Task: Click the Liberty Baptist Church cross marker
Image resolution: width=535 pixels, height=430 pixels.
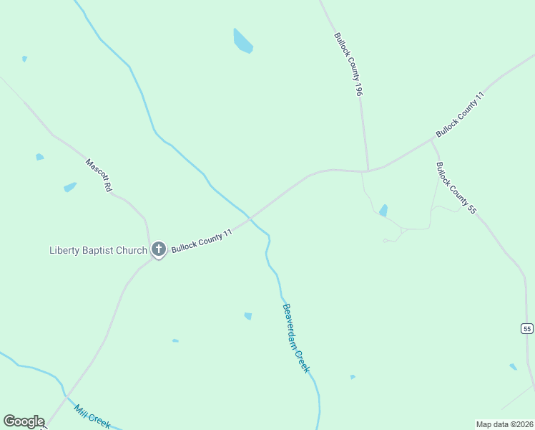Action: (x=158, y=249)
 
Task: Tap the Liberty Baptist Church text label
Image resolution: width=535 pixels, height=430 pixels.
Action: (x=98, y=250)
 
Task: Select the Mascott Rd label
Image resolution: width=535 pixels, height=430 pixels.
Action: (x=99, y=175)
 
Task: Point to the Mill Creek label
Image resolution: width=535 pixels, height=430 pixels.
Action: (x=92, y=416)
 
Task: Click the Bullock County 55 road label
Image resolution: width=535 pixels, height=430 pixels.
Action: (x=456, y=188)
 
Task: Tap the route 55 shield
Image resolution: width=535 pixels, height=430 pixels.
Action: (x=527, y=328)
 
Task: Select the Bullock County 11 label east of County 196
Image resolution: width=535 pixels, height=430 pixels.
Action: (x=461, y=115)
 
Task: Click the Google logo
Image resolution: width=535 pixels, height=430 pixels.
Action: (x=24, y=421)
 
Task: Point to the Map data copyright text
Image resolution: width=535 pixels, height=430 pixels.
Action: (x=504, y=424)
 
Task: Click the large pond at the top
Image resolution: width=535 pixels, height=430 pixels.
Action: (x=242, y=41)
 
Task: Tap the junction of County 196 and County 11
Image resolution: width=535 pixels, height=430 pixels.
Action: (x=368, y=171)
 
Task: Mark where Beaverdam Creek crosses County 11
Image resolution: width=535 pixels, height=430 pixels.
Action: (x=250, y=217)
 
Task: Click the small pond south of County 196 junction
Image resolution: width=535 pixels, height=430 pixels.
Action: (x=383, y=211)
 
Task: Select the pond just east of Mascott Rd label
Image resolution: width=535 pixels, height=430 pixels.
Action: (x=69, y=187)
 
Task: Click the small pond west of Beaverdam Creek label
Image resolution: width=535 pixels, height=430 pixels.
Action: (x=248, y=316)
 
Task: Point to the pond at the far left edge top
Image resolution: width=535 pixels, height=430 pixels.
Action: (x=24, y=59)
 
